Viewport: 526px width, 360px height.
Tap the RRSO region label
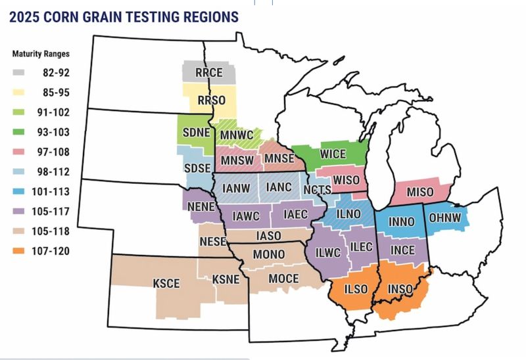[x=212, y=99]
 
